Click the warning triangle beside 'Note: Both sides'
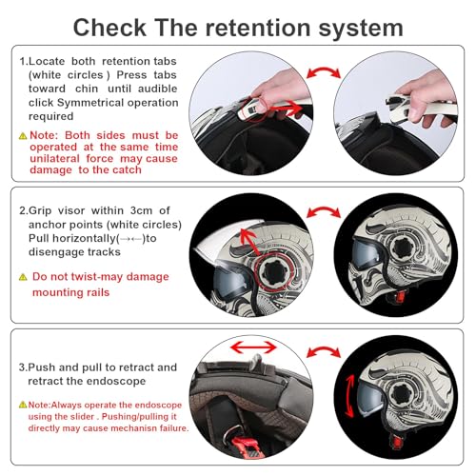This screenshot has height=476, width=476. tap(22, 136)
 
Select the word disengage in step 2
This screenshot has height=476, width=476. tap(56, 252)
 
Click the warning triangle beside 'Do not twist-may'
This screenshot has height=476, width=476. tap(22, 276)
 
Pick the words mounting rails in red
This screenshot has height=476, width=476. tap(71, 292)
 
